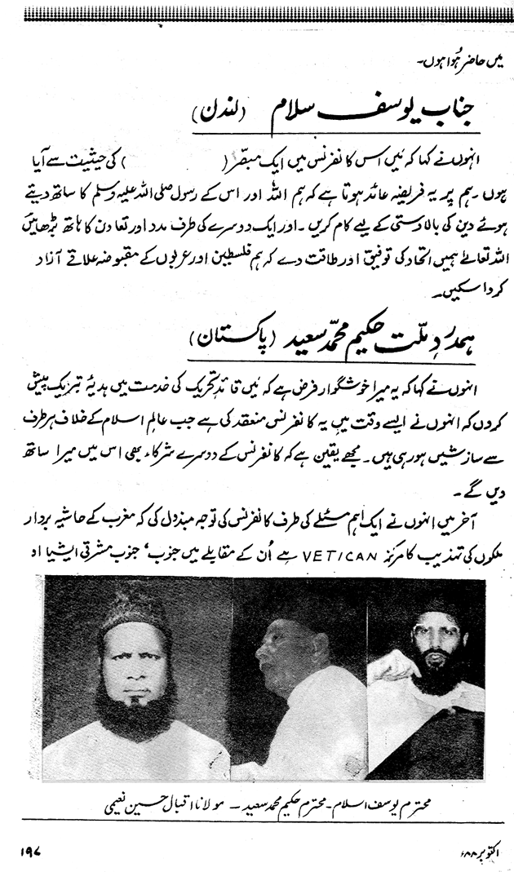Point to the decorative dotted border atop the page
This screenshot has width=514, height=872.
coord(257,11)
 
